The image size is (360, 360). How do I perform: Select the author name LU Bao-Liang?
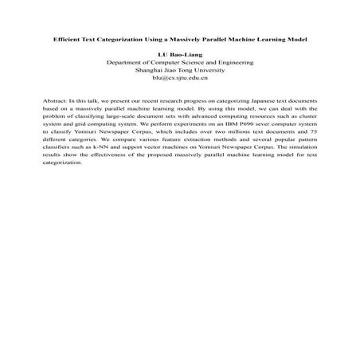(x=179, y=53)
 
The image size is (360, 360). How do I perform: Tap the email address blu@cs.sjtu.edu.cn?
(x=179, y=77)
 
